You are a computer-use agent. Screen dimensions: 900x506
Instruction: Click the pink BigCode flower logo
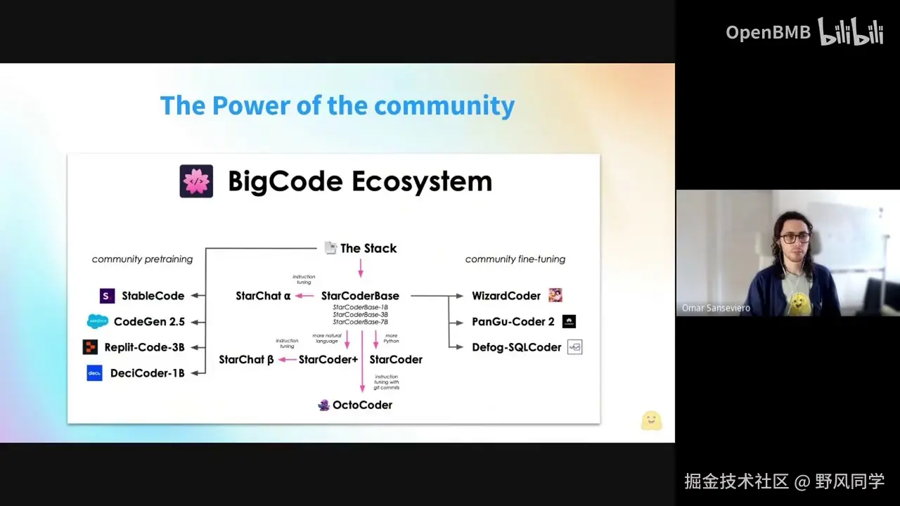point(196,181)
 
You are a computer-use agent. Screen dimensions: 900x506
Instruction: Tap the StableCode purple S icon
point(108,296)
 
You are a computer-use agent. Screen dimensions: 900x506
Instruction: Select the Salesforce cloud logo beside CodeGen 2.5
point(98,321)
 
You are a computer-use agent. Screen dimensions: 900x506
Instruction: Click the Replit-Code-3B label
point(144,347)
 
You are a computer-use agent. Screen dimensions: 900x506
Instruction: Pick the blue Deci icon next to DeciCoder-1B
point(94,373)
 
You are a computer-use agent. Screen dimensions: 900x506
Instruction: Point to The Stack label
point(368,248)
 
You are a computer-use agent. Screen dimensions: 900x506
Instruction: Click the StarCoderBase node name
point(360,296)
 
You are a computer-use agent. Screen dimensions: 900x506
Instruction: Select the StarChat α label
point(263,296)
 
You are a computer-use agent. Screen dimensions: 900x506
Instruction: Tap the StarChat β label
point(246,359)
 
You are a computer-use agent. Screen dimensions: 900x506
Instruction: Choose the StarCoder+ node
point(328,359)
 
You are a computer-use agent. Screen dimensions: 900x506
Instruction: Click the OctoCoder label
point(362,405)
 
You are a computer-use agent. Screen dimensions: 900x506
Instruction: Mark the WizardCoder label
point(506,296)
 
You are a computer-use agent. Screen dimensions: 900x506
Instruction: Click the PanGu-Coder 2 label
point(513,322)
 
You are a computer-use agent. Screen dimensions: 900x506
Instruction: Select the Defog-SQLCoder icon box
point(574,347)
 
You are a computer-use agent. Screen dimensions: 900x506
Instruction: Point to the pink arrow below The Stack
point(361,268)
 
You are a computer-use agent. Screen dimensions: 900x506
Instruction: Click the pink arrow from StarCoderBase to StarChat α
point(304,296)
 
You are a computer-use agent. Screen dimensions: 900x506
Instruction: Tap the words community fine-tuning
point(515,259)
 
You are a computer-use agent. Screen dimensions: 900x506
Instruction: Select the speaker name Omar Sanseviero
point(716,308)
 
